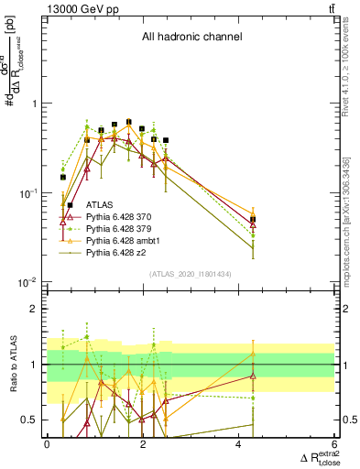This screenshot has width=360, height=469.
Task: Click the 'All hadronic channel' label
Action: tap(191, 38)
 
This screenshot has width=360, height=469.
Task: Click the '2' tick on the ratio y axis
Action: tap(36, 309)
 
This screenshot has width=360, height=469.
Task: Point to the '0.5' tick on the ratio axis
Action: tap(32, 420)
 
